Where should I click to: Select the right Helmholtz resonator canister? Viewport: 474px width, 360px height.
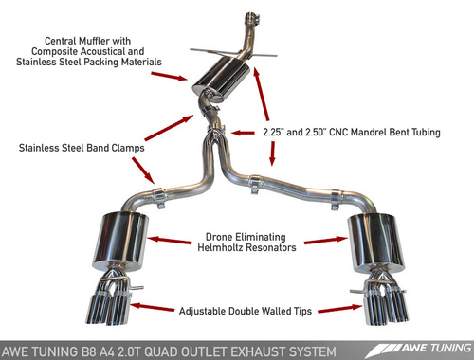point(376,243)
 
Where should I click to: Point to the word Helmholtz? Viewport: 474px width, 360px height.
point(220,247)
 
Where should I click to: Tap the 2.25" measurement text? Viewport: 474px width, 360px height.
point(272,132)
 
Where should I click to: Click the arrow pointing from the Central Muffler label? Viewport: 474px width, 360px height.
point(169,76)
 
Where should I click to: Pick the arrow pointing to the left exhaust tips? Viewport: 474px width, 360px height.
point(152,307)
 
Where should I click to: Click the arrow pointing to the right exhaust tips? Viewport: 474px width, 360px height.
point(340,309)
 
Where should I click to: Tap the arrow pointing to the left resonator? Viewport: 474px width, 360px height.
point(170,241)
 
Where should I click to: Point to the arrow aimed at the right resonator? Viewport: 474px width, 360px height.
point(326,240)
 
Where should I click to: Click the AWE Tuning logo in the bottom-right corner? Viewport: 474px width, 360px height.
point(419,350)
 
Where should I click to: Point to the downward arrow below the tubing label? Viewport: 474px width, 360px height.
point(272,153)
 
